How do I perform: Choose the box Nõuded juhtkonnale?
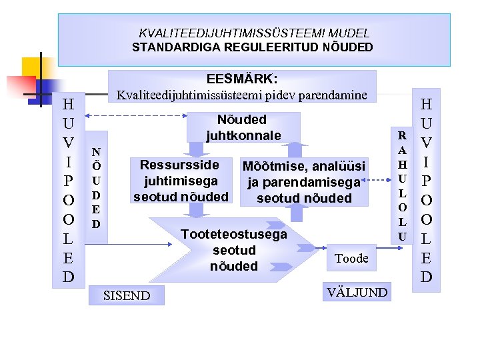pyautogui.click(x=242, y=127)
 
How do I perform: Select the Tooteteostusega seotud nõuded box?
pyautogui.click(x=233, y=250)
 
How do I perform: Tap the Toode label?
pyautogui.click(x=351, y=258)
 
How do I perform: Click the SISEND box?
pyautogui.click(x=127, y=295)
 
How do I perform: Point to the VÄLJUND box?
pyautogui.click(x=356, y=291)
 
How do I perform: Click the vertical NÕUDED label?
pyautogui.click(x=96, y=188)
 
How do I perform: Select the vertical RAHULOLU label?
pyautogui.click(x=401, y=186)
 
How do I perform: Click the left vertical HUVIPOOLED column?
pyautogui.click(x=68, y=190)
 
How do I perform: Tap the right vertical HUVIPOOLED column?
pyautogui.click(x=426, y=190)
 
